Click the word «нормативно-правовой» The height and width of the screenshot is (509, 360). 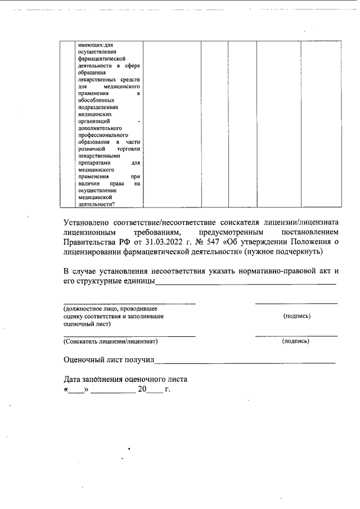280,272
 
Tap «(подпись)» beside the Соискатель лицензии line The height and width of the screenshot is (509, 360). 296,341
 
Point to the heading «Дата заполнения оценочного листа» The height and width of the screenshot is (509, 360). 125,379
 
